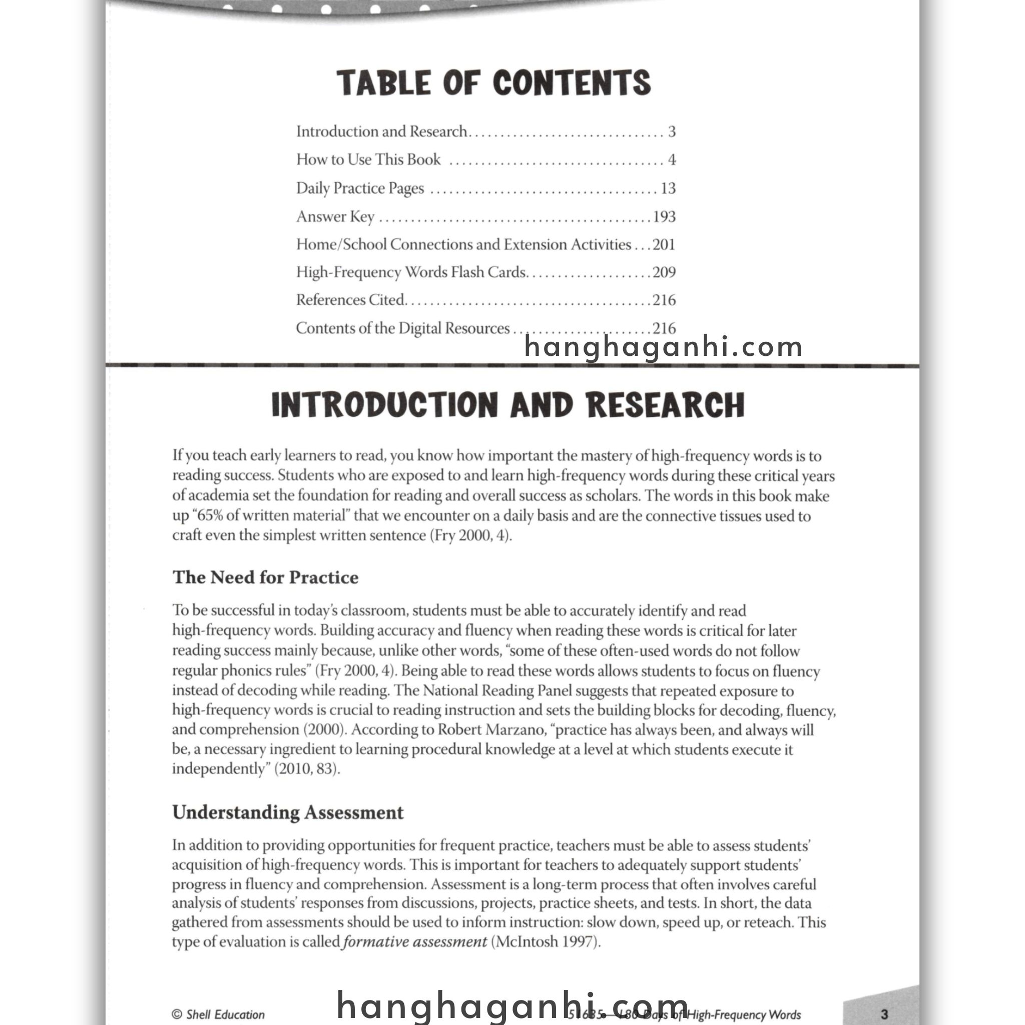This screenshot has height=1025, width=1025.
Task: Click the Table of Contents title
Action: point(493,83)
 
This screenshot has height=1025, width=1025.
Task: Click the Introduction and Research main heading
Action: point(507,405)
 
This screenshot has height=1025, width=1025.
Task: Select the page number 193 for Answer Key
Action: point(664,216)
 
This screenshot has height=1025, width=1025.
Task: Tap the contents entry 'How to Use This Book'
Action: point(368,160)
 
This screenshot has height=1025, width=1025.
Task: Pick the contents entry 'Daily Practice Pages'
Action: point(360,188)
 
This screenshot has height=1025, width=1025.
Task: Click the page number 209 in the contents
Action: point(664,272)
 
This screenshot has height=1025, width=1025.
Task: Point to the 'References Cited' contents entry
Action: point(350,300)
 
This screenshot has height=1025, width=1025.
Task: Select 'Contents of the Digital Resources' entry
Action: point(402,328)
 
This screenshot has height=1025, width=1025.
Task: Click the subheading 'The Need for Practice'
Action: point(265,577)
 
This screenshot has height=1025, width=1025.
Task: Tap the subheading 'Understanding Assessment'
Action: point(288,812)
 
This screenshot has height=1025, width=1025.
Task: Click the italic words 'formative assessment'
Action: point(415,942)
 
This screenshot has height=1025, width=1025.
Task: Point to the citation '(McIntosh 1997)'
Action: point(546,942)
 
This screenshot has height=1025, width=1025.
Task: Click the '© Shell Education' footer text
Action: point(218,1014)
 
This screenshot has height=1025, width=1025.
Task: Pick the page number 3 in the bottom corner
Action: point(884,1014)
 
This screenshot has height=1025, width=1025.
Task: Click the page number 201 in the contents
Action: point(664,245)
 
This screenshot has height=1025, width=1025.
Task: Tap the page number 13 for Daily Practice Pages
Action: point(668,188)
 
